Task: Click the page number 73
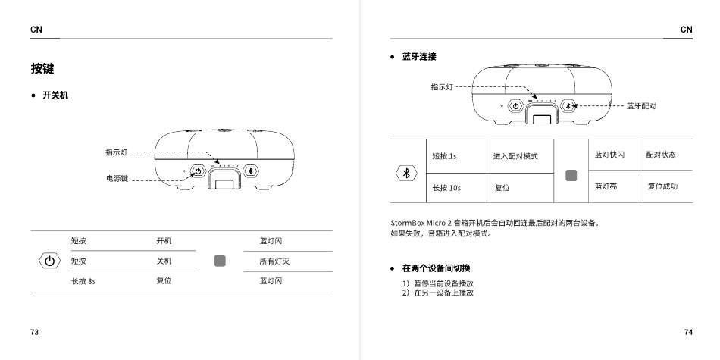point(35,333)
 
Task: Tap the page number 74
point(687,333)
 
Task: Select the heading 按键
point(42,69)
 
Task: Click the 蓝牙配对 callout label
point(640,106)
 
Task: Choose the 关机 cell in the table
point(164,261)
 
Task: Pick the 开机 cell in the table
point(164,241)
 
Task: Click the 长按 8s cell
point(83,281)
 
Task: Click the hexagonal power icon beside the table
point(49,261)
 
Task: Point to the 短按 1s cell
point(444,156)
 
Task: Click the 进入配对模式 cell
point(515,156)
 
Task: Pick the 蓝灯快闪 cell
point(609,155)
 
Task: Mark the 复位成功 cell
point(662,186)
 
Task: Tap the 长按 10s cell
point(446,187)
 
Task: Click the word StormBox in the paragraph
point(408,223)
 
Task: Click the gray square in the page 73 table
point(221,261)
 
